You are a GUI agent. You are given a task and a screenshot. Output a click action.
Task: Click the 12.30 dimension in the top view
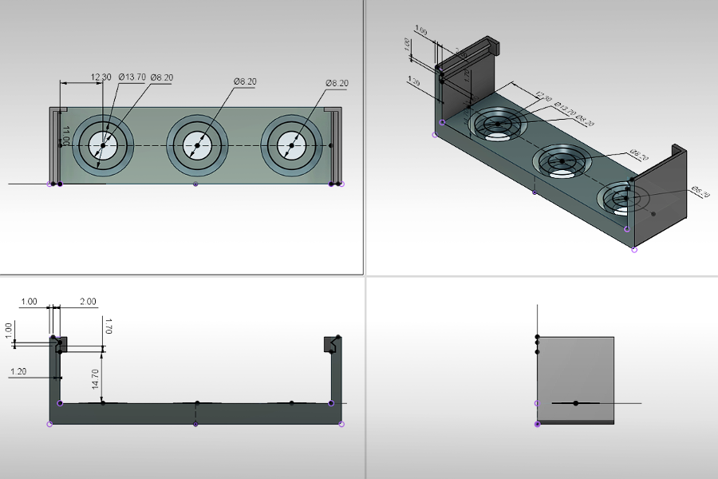coord(101,77)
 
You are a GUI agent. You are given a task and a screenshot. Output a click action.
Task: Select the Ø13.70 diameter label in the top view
coord(132,77)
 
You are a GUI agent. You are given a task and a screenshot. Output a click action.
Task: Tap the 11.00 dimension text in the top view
coord(67,135)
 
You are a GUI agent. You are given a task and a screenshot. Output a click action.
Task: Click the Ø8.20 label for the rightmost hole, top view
coord(337,83)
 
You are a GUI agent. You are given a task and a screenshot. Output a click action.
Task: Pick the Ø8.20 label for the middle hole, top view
coord(245,81)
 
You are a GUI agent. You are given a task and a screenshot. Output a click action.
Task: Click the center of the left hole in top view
coord(103,145)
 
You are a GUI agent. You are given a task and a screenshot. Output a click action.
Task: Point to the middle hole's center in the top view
coord(197,145)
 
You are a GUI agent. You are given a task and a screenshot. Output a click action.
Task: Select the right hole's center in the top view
coord(292,145)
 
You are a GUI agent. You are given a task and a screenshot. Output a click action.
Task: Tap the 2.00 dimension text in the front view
coord(88,302)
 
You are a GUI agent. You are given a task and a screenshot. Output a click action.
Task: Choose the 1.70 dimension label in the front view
coord(108,325)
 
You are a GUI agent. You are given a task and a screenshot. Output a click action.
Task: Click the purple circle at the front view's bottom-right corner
coord(341,424)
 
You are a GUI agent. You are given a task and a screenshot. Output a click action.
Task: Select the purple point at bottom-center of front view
coord(196,424)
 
